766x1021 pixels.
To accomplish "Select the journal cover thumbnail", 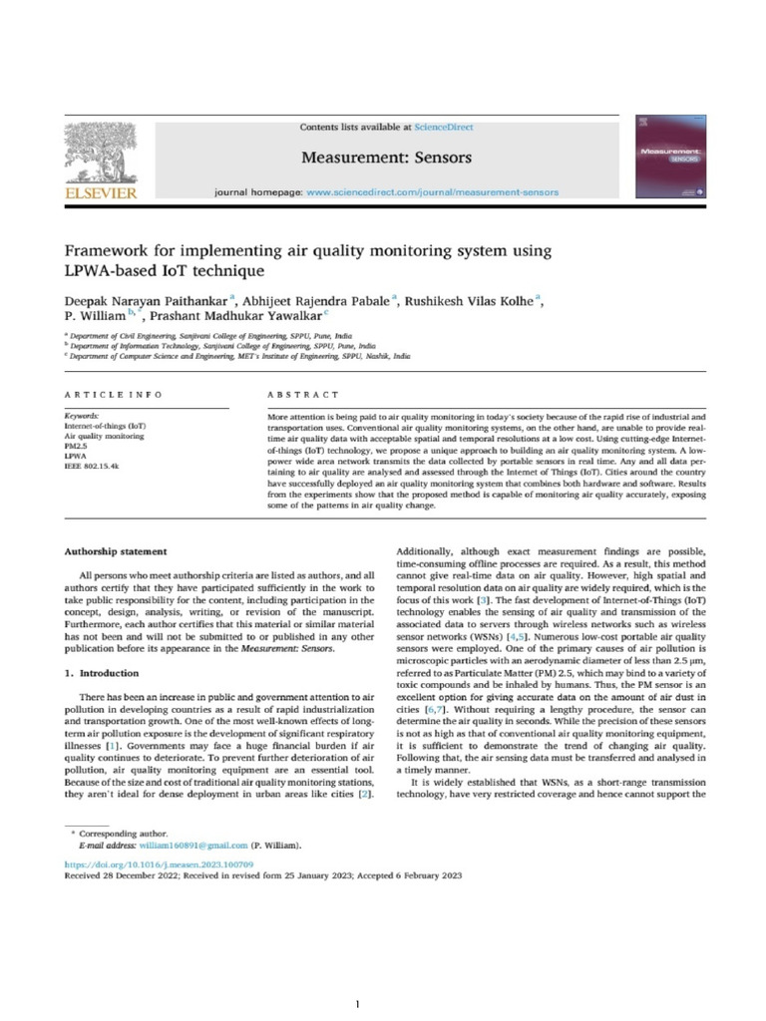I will click(x=660, y=159).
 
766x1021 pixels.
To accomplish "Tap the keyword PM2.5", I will click(x=77, y=447).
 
